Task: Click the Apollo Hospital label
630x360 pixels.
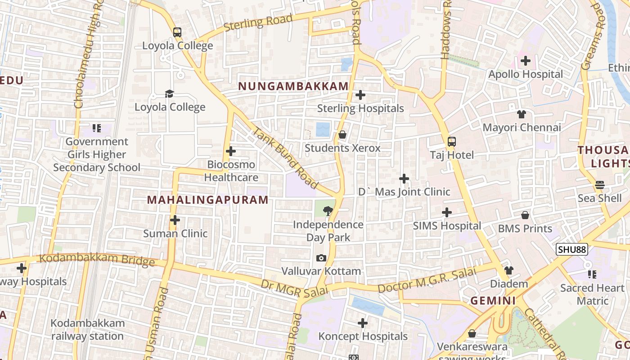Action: tap(526, 74)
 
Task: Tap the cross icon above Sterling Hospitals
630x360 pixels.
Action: tap(360, 95)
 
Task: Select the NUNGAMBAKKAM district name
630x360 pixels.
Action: tap(293, 86)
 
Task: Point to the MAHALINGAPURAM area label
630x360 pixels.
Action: tap(208, 200)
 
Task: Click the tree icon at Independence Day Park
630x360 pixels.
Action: tap(328, 210)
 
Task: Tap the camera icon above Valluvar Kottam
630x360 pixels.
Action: tap(321, 258)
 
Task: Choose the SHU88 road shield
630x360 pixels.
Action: tap(572, 250)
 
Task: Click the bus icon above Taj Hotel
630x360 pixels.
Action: tap(452, 142)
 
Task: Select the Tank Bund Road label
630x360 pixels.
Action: tap(286, 158)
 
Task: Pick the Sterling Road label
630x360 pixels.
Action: tap(258, 22)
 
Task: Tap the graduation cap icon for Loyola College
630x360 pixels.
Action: tap(169, 94)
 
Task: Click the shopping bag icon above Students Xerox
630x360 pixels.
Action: tap(342, 135)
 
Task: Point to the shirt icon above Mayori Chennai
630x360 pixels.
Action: tap(522, 114)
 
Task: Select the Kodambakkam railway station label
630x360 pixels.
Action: tap(87, 330)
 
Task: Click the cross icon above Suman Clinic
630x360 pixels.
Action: tap(175, 220)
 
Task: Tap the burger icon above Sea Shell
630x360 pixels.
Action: tap(600, 185)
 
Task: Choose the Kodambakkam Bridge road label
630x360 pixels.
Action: tap(97, 260)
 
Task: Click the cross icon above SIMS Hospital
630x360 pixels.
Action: tap(447, 212)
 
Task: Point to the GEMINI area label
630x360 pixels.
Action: tap(493, 301)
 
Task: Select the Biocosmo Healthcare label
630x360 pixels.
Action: tap(231, 171)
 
